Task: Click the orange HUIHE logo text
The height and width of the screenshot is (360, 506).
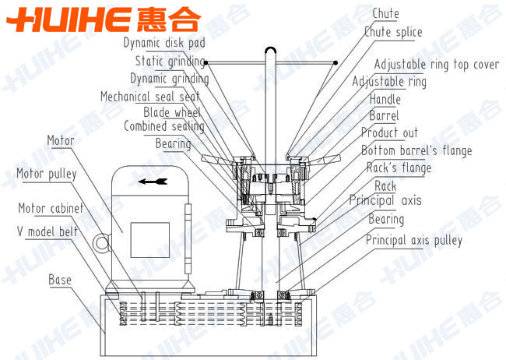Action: point(104,19)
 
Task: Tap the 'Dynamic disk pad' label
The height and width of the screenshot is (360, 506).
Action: point(164,43)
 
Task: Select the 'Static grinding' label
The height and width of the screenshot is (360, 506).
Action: point(170,61)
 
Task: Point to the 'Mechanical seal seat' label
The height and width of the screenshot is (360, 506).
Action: point(150,97)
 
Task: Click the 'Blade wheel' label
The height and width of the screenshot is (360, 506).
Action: point(172,112)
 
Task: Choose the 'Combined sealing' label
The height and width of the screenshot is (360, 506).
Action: point(164,126)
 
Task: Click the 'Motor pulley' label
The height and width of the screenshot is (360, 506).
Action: point(47,174)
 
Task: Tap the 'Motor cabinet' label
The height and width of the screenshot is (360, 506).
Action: point(51,208)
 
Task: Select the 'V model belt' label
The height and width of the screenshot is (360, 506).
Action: point(47,231)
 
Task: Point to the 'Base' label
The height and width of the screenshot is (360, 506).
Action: point(60,280)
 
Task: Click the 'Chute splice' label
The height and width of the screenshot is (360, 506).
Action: point(393,32)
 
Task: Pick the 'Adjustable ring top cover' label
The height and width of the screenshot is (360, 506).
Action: point(437,65)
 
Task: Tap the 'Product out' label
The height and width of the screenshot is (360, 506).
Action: point(389,132)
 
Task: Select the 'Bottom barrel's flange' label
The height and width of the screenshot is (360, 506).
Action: point(416,150)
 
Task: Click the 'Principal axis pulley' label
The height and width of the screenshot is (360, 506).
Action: point(414,240)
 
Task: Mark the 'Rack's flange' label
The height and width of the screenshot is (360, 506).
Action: point(399,168)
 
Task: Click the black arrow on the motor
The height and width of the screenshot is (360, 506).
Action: point(153,182)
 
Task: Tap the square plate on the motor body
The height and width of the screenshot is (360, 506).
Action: point(150,240)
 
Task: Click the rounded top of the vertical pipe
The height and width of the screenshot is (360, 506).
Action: point(271,49)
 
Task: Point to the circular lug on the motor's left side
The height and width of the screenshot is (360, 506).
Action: point(102,242)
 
